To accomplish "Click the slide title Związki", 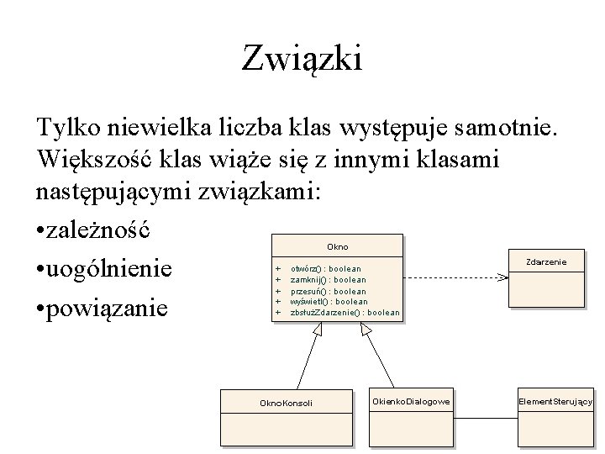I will pos(302,60).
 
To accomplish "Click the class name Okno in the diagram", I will pos(337,247).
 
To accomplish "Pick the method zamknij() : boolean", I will pos(328,280).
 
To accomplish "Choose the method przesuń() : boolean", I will pos(328,291).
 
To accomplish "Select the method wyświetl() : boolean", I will pos(329,301).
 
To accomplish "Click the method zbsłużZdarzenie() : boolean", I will pos(345,312).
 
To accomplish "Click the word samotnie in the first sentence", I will pos(513,129).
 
